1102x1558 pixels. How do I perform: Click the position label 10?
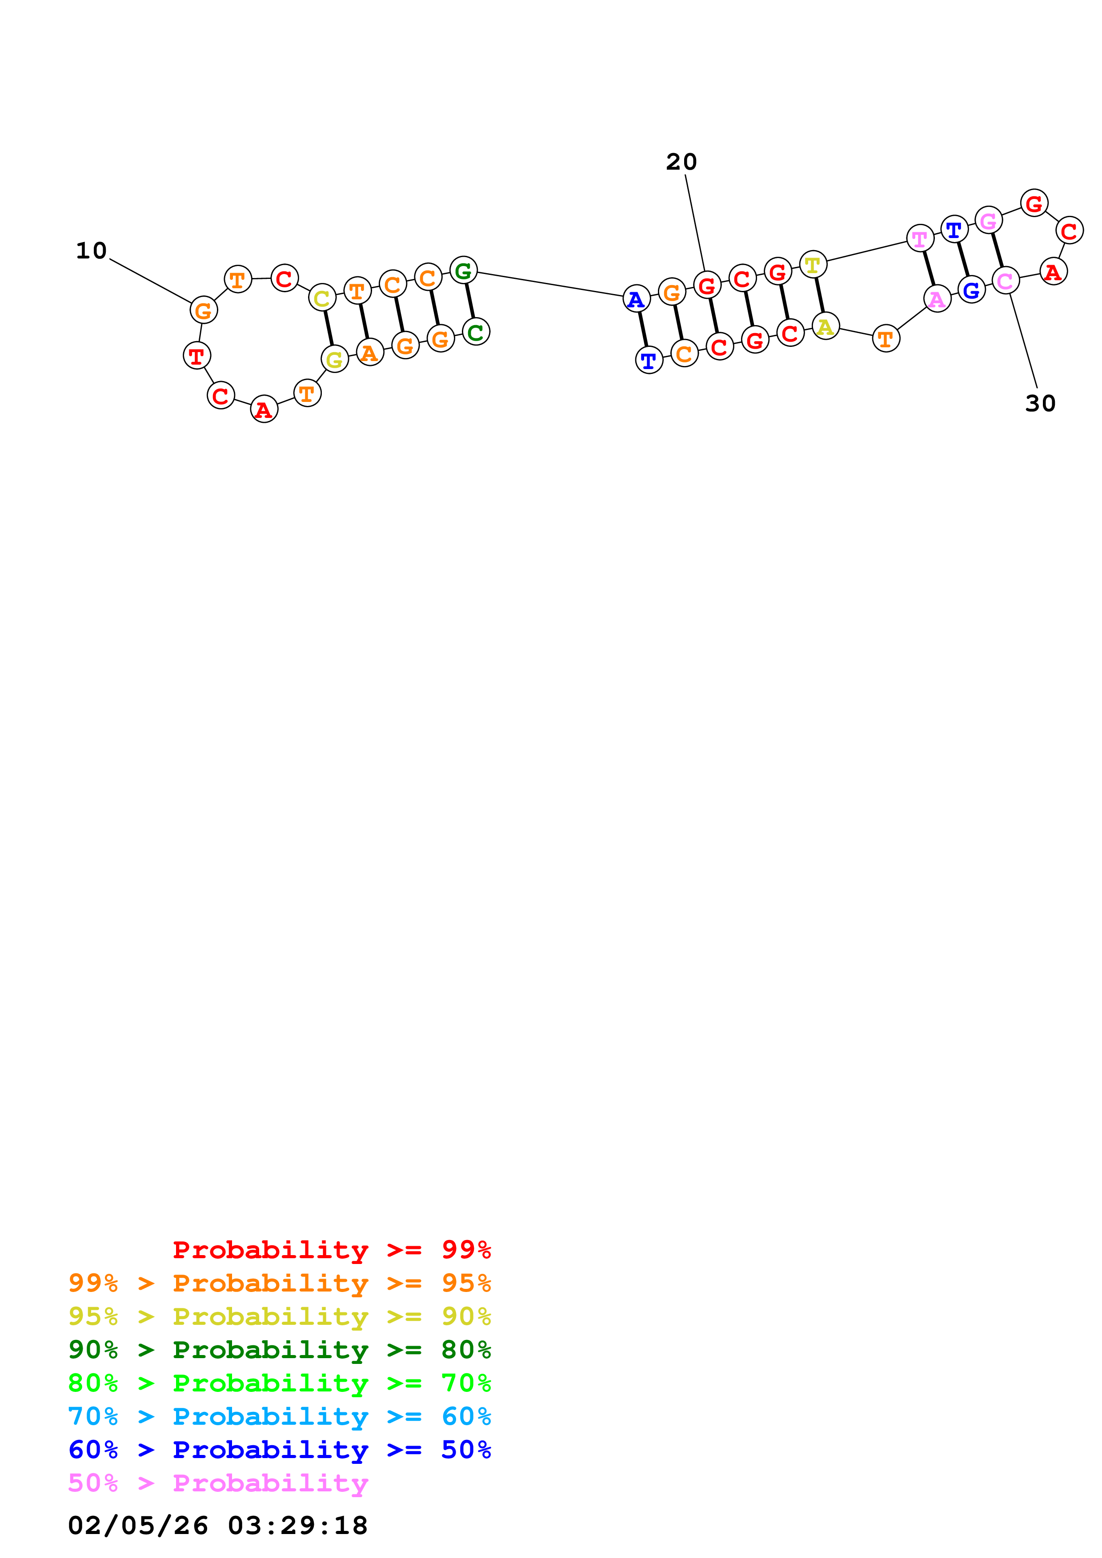(x=91, y=251)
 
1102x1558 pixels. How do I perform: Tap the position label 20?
(x=681, y=162)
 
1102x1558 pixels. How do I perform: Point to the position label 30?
(x=1039, y=404)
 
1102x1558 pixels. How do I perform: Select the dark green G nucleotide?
(x=463, y=271)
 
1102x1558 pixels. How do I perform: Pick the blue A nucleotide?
(x=636, y=298)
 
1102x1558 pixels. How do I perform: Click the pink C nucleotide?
(x=1005, y=280)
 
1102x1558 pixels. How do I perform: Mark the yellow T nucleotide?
(x=813, y=265)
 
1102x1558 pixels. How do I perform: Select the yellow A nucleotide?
(x=825, y=326)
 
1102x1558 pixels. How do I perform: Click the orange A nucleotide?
(x=369, y=352)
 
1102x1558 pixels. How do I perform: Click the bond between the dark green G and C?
(x=469, y=301)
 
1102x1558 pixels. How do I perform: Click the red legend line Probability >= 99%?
(x=331, y=1249)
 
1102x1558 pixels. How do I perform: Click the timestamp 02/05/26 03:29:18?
(x=217, y=1526)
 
